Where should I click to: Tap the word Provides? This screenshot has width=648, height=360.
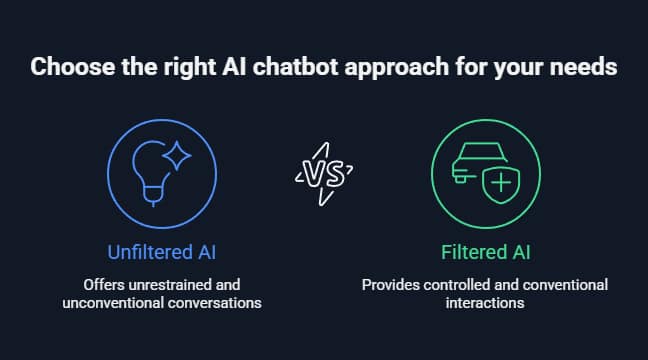pos(386,285)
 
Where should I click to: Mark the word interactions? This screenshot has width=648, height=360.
pos(484,302)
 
